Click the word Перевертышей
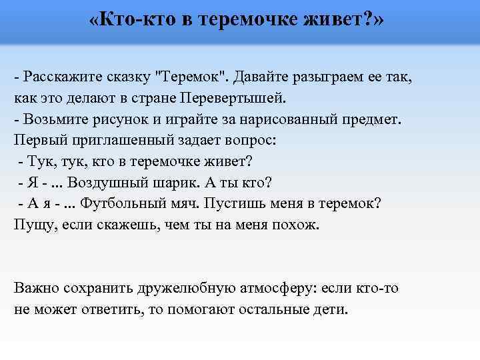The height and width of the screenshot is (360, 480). tap(233, 99)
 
